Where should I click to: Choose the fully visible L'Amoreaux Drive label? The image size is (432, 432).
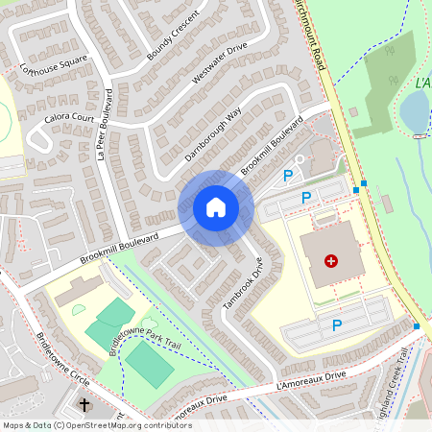point(309,381)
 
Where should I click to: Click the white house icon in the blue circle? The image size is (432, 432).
point(216,207)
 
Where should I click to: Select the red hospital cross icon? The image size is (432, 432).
point(331,260)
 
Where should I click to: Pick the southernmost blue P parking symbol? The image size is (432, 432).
point(337,325)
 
